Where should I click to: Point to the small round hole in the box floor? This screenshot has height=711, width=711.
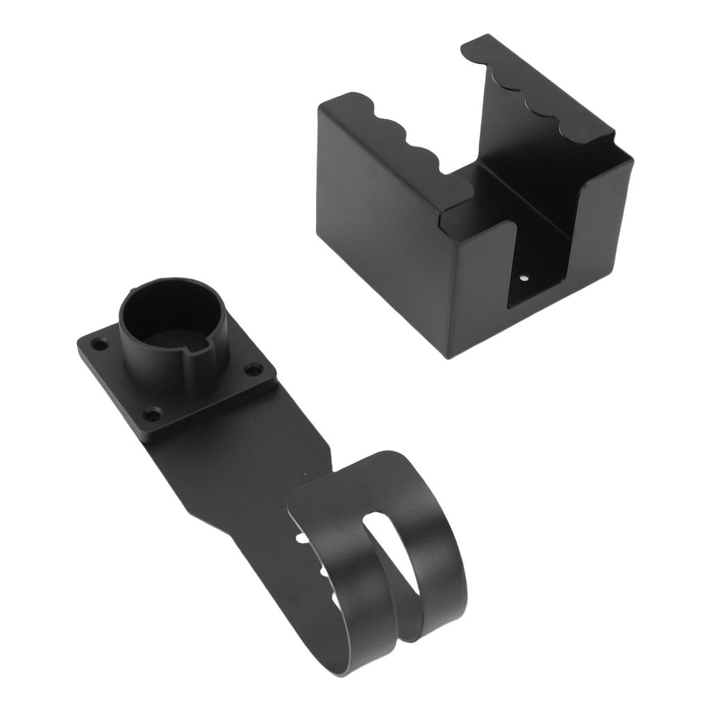click(x=525, y=278)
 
